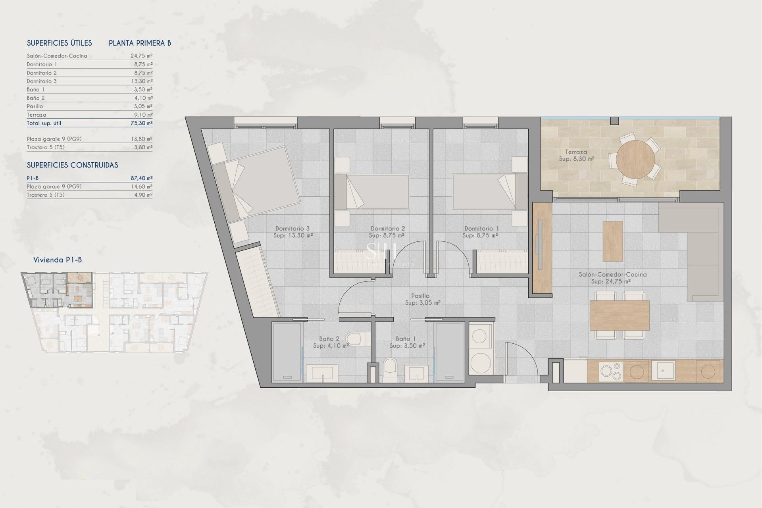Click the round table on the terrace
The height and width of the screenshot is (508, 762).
pos(635,159)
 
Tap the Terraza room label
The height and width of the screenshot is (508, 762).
pos(576,152)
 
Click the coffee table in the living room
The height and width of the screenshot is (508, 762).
pos(612,241)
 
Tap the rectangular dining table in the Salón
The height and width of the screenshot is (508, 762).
pos(620,315)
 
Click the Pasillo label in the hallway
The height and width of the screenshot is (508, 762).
pos(420,296)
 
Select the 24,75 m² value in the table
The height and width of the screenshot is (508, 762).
pos(141,56)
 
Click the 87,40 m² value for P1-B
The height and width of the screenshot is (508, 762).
pos(141,178)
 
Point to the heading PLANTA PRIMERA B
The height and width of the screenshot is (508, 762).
pos(140,43)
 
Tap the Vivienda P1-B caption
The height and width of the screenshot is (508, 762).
pos(58,260)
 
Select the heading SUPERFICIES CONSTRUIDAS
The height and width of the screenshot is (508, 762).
pos(72,165)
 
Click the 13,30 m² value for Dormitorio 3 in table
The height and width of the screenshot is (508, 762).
pos(141,81)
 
